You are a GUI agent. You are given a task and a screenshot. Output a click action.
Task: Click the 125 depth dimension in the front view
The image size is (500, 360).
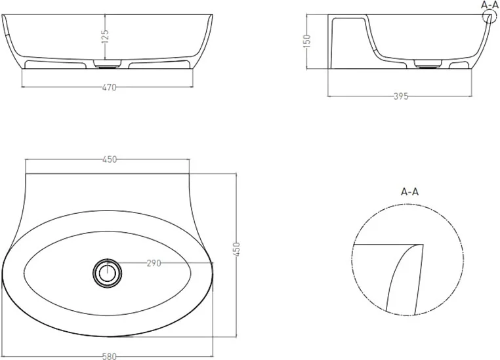[x=105, y=37]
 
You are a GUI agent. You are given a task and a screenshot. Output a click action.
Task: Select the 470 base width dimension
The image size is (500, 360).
[x=109, y=87]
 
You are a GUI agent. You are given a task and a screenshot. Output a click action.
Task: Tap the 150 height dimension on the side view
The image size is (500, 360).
[x=306, y=41]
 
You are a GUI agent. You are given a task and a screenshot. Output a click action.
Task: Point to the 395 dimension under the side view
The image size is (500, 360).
[x=400, y=96]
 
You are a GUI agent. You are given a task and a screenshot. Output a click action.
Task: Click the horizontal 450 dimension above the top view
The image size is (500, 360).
[x=110, y=159]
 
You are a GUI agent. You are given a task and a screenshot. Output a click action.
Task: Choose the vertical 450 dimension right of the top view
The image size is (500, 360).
[x=236, y=250]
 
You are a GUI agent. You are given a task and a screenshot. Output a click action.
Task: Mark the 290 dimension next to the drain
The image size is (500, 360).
[x=154, y=263]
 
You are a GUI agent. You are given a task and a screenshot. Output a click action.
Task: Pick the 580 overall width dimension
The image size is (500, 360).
[x=110, y=356]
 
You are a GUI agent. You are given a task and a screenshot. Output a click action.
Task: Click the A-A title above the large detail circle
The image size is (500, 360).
[x=409, y=191]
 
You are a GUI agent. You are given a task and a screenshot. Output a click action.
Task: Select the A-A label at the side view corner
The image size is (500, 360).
[x=490, y=5]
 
